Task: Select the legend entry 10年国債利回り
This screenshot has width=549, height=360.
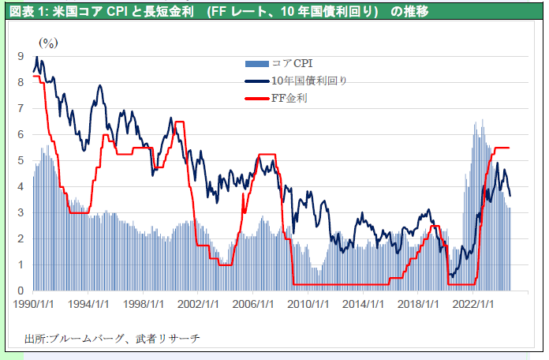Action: click(x=308, y=81)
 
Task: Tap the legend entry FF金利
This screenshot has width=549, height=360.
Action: click(x=289, y=99)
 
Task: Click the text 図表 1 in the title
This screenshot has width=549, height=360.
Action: click(x=24, y=10)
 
